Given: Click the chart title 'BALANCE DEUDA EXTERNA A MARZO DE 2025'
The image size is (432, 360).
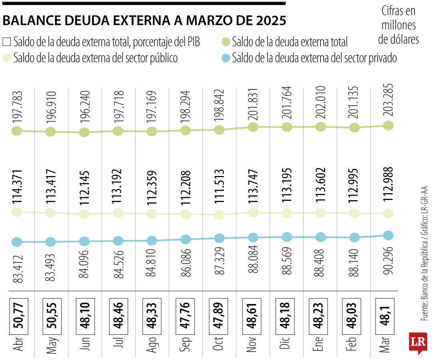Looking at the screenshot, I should pyautogui.click(x=144, y=21).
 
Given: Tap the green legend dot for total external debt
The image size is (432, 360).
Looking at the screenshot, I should pyautogui.click(x=226, y=42).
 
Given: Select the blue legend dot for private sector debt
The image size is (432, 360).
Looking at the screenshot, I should pyautogui.click(x=226, y=58).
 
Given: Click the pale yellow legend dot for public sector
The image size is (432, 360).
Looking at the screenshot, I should pyautogui.click(x=7, y=58).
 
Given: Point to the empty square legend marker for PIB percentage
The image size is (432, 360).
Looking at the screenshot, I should pyautogui.click(x=7, y=42).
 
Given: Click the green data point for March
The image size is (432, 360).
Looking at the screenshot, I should pyautogui.click(x=388, y=126).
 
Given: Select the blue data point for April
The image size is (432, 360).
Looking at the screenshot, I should pyautogui.click(x=16, y=242).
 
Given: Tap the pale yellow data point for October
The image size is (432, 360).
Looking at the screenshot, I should pyautogui.click(x=219, y=215).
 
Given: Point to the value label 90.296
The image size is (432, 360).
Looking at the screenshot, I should pyautogui.click(x=388, y=262).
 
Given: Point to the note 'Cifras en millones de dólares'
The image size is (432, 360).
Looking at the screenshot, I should pyautogui.click(x=399, y=25).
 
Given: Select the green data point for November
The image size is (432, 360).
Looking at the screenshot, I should pyautogui.click(x=253, y=127).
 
